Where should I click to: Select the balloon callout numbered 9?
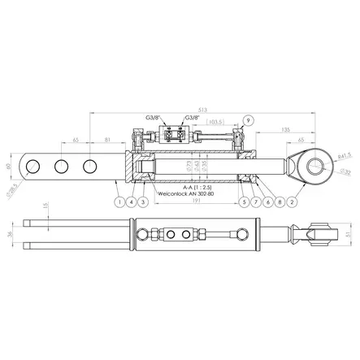[248, 119]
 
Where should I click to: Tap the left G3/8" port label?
[154, 118]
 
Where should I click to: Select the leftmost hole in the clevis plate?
[33, 168]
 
